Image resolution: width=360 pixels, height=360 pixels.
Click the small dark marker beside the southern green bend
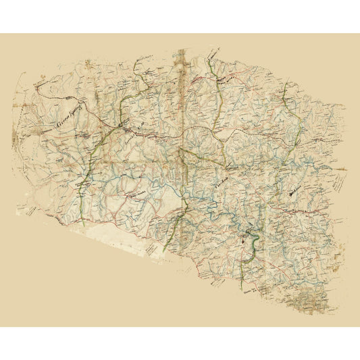click(x=242, y=238)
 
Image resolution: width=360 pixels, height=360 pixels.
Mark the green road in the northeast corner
click(x=286, y=101)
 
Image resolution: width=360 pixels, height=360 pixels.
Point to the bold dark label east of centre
click(x=293, y=193)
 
